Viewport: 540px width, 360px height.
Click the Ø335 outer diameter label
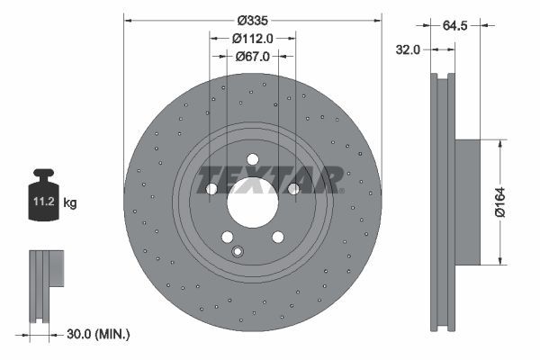coord(253,21)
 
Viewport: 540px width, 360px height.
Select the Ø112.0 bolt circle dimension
coord(253,38)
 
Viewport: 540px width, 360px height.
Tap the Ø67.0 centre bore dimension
coord(253,56)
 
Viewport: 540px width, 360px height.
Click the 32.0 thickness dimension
coord(409,50)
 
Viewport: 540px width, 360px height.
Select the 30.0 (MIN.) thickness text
coord(100,334)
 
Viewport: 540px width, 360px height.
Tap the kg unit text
coord(71,203)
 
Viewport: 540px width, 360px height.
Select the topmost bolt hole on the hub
coord(253,159)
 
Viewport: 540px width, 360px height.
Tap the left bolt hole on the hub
coord(211,189)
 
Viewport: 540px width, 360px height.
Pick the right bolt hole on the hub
coord(293,189)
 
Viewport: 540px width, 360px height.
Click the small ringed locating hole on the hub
coord(238,251)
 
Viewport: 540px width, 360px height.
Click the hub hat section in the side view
coord(468,202)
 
